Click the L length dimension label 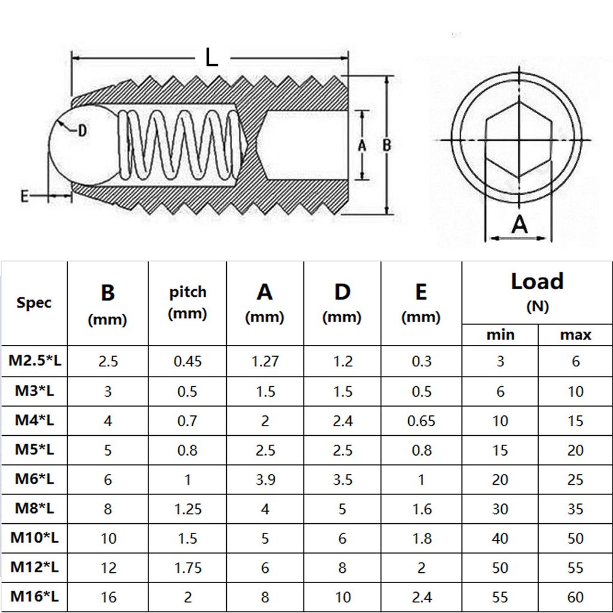pos(211,57)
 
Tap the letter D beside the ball pos(82,131)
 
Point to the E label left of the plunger pos(25,196)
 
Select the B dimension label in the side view pos(387,145)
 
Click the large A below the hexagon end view pos(520,224)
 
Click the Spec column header pos(34,302)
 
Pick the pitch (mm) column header pos(187,302)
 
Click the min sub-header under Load pos(500,335)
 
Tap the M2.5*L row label pos(34,361)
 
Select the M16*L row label pos(34,596)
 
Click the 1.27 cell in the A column pos(265,361)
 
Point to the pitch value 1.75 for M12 pos(187,567)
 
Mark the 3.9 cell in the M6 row pos(265,480)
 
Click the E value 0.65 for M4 pos(421,421)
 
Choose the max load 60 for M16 pos(575,596)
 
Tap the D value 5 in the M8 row pos(342,509)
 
